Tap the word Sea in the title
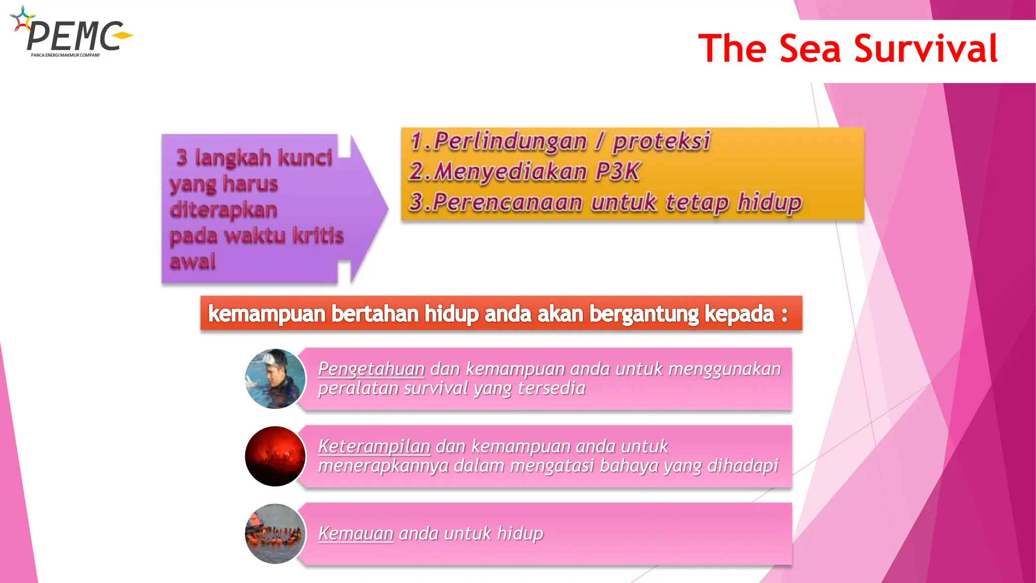pos(810,49)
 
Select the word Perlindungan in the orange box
pos(510,141)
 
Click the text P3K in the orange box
pos(618,172)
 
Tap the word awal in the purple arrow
pos(193,262)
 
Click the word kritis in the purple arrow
pos(318,236)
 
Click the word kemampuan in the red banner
pos(267,314)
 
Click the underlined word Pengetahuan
pos(371,369)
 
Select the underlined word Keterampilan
pos(374,446)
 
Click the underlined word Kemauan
pos(356,533)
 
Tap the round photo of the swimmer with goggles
pos(275,379)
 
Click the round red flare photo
pos(275,456)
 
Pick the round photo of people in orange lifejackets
pos(275,534)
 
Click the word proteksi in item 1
pos(662,141)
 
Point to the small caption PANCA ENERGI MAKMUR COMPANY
pos(65,55)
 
